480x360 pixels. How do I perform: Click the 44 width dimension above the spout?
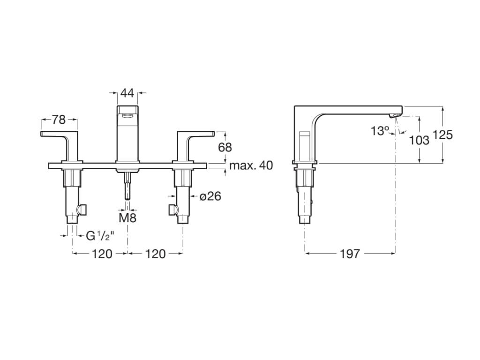pyautogui.click(x=127, y=93)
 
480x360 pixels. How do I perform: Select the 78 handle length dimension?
pyautogui.click(x=59, y=120)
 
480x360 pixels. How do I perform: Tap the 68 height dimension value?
pyautogui.click(x=225, y=147)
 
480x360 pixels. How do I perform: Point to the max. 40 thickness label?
pyautogui.click(x=251, y=166)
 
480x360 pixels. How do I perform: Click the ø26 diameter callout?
pyautogui.click(x=210, y=196)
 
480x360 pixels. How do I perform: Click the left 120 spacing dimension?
pyautogui.click(x=102, y=254)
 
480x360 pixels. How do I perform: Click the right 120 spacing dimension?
pyautogui.click(x=155, y=254)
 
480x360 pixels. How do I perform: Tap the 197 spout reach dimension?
pyautogui.click(x=350, y=254)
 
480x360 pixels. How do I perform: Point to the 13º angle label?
pyautogui.click(x=380, y=131)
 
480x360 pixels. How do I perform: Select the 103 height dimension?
pyautogui.click(x=419, y=140)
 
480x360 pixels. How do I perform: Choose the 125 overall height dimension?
pyautogui.click(x=442, y=135)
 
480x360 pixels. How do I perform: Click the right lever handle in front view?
pyautogui.click(x=195, y=135)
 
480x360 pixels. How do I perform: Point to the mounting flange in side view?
pyautogui.click(x=305, y=163)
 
